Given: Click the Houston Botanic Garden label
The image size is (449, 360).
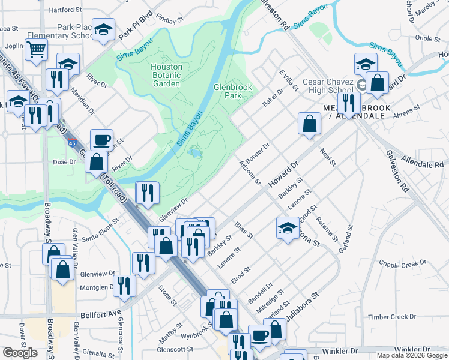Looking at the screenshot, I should click(166, 76).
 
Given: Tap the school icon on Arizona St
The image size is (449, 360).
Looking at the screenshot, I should click(288, 227).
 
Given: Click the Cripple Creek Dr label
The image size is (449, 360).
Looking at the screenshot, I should click(405, 263).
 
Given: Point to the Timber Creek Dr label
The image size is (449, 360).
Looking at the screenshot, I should click(392, 316).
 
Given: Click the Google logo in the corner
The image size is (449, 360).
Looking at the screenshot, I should click(20, 353).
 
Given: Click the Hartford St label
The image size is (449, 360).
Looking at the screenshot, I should click(65, 10).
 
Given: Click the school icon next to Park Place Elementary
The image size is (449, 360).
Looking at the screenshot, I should click(104, 30).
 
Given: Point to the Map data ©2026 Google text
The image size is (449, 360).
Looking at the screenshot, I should click(411, 355).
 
